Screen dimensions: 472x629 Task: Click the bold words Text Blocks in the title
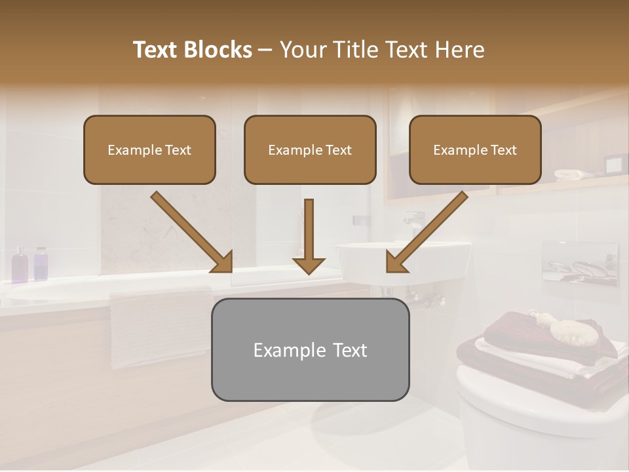pyautogui.click(x=192, y=50)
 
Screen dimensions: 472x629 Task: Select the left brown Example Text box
pyautogui.click(x=149, y=150)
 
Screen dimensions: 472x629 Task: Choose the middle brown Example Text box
pyautogui.click(x=310, y=150)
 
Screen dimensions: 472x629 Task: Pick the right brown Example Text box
pyautogui.click(x=475, y=150)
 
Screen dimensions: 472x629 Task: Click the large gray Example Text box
pyautogui.click(x=310, y=350)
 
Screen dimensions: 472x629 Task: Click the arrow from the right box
pyautogui.click(x=426, y=232)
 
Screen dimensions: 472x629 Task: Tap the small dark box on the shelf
pyautogui.click(x=614, y=165)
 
